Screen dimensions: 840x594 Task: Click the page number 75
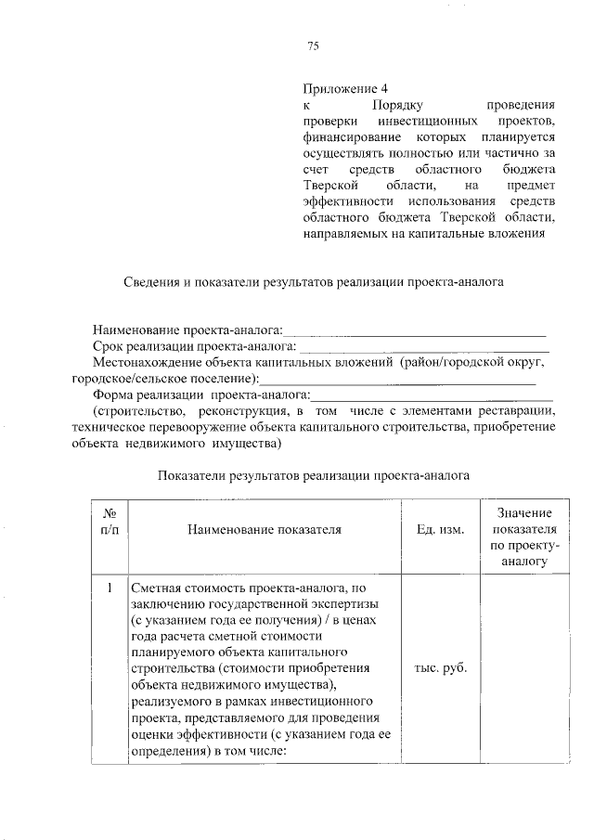pyautogui.click(x=313, y=47)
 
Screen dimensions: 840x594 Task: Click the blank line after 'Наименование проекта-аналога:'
pyautogui.click(x=414, y=330)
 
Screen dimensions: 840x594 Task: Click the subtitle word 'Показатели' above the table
pyautogui.click(x=189, y=474)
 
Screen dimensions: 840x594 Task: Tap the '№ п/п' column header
pyautogui.click(x=110, y=529)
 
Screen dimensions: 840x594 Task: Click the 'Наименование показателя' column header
pyautogui.click(x=264, y=530)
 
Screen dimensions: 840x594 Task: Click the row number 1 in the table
pyautogui.click(x=110, y=588)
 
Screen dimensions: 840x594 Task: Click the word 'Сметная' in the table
pyautogui.click(x=156, y=588)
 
